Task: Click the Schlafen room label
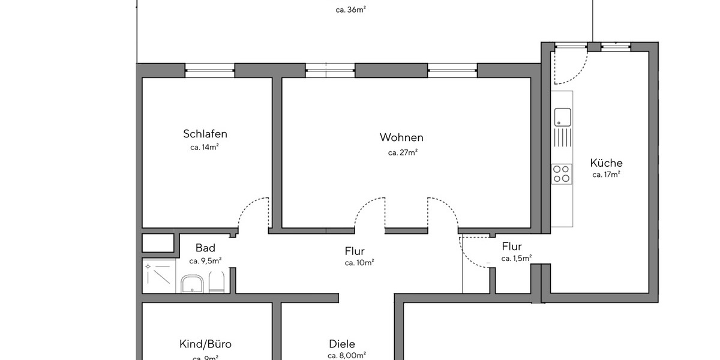point(205,134)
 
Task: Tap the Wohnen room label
point(401,137)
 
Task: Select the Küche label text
point(606,163)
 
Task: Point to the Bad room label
point(205,248)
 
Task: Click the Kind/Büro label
point(205,344)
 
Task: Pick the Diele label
point(342,344)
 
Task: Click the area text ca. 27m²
point(402,152)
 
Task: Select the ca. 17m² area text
point(606,175)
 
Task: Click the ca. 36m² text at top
point(351,10)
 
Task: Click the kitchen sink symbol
point(562,116)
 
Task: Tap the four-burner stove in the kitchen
point(562,174)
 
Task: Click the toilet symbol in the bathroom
point(217,282)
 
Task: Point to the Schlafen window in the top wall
point(209,70)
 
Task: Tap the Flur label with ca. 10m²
point(355,251)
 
